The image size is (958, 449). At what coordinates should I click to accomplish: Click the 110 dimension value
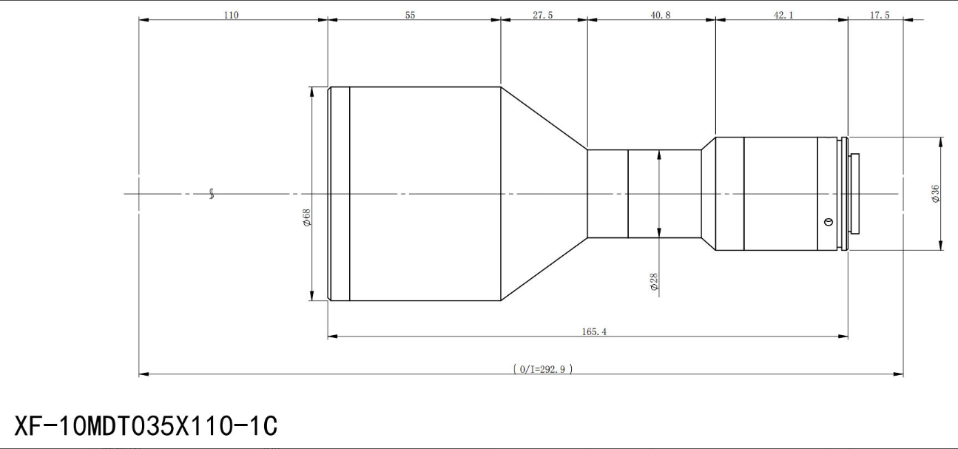click(x=231, y=15)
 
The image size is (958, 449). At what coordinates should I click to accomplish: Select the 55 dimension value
click(x=410, y=15)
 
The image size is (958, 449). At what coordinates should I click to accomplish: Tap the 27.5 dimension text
click(x=542, y=15)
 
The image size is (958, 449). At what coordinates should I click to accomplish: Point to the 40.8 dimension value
click(x=661, y=15)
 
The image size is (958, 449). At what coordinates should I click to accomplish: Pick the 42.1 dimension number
click(x=783, y=15)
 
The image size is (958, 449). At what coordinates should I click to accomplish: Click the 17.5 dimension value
click(x=880, y=15)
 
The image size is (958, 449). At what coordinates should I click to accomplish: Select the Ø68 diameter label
click(x=307, y=217)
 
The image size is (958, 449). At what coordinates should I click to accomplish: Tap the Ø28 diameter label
click(x=654, y=283)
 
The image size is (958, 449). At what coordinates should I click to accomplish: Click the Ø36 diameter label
click(x=936, y=194)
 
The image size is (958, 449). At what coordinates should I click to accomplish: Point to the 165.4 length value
click(x=593, y=331)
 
